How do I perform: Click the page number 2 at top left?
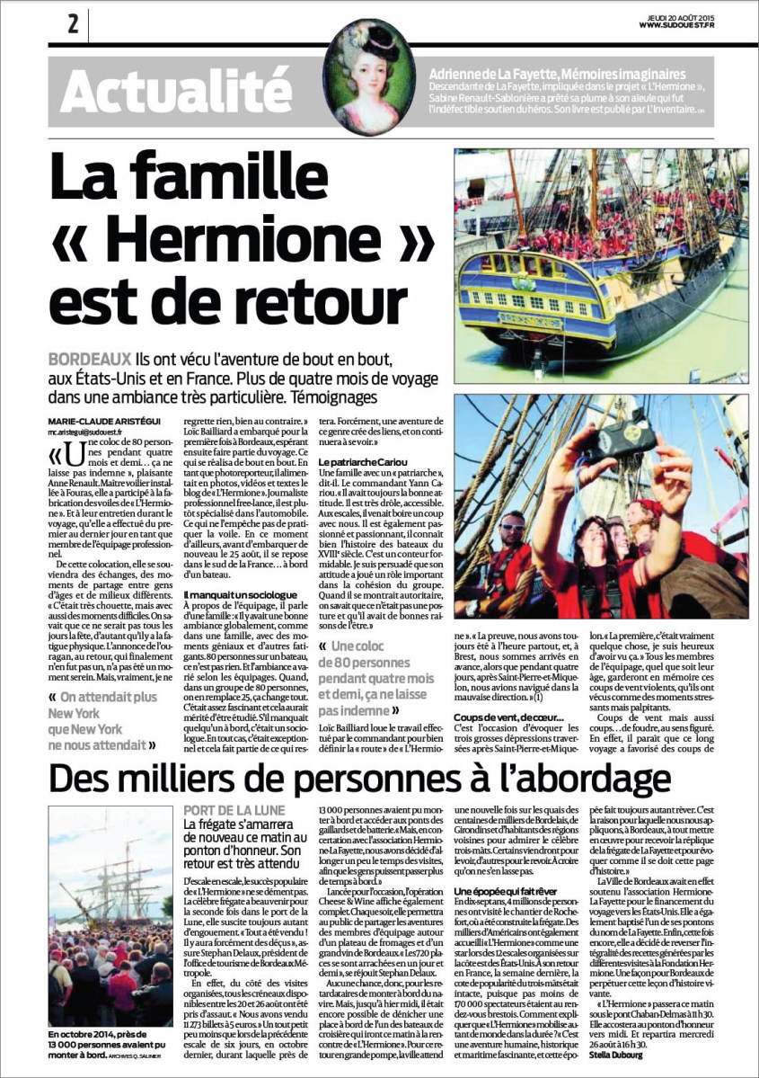pos(73,24)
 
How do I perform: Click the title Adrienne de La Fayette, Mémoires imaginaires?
pos(558,73)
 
